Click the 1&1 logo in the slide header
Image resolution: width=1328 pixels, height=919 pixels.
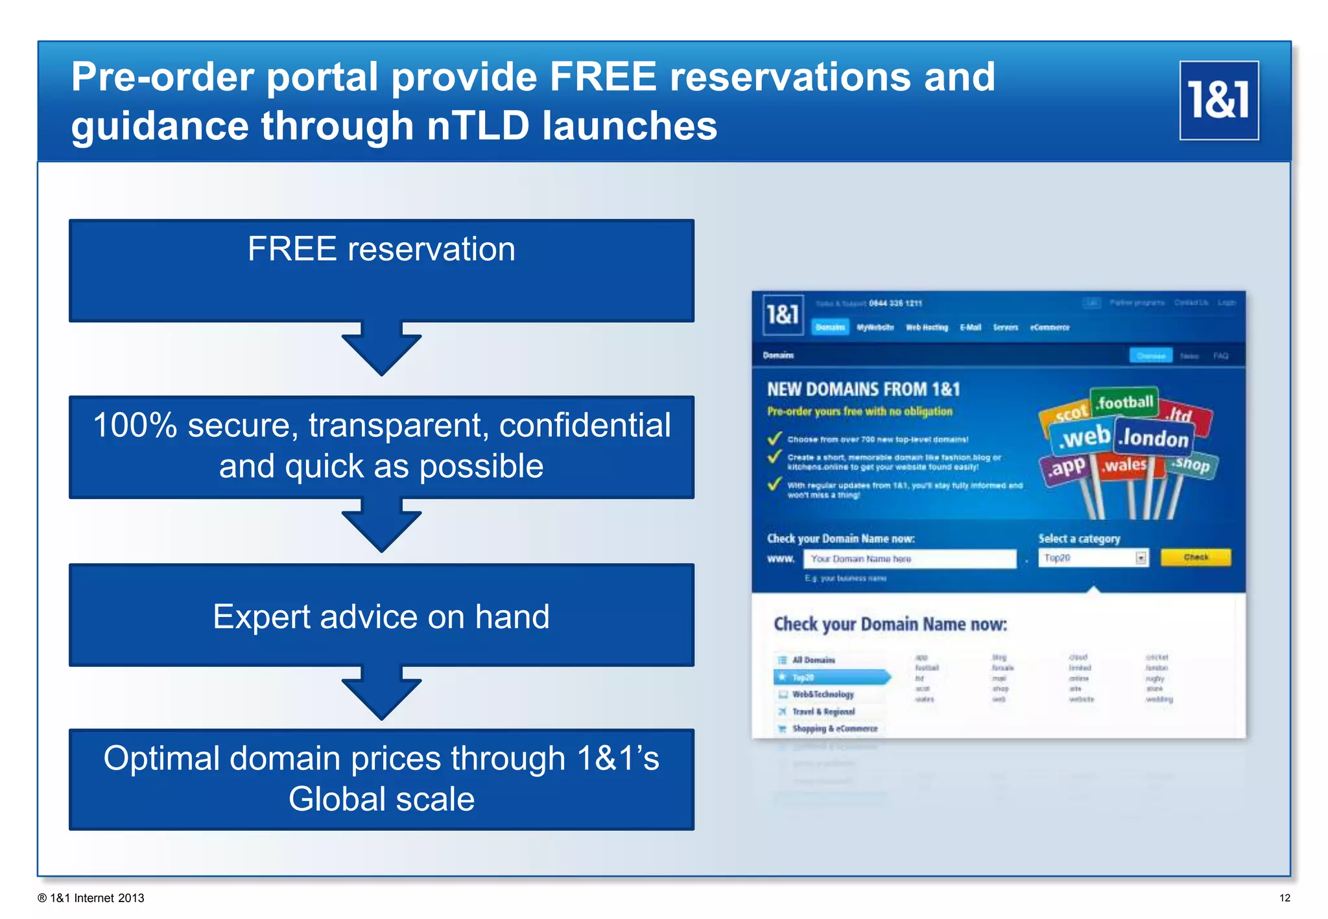(1218, 100)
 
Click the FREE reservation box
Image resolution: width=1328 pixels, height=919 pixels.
(381, 270)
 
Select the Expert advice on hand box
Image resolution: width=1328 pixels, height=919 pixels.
(381, 615)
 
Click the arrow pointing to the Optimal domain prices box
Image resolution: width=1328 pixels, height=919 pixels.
(381, 693)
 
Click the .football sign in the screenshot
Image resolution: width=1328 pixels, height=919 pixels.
(1124, 403)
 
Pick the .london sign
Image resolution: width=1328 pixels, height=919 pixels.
(1155, 439)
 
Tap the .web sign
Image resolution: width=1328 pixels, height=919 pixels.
(1082, 437)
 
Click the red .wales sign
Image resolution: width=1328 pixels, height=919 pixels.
(1125, 465)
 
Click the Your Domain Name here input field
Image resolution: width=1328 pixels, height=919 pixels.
(908, 559)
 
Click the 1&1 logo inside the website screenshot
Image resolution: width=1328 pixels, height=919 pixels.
(782, 315)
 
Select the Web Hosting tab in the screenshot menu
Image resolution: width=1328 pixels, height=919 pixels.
(926, 327)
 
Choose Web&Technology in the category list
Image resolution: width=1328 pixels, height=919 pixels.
(822, 694)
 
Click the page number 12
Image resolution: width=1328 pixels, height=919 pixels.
(1284, 898)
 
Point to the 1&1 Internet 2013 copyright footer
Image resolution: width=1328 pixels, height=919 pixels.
(91, 898)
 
